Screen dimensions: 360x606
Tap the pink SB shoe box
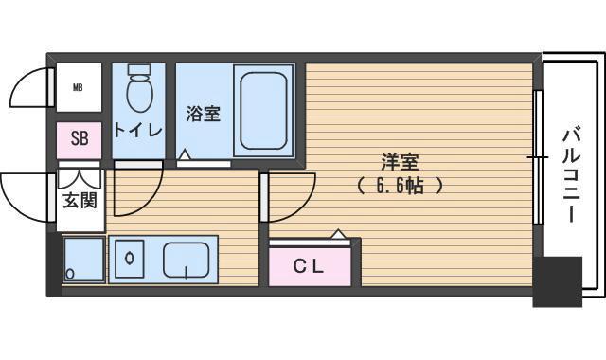tap(80, 139)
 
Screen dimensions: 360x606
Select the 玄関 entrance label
tap(80, 201)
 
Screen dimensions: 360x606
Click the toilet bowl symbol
tap(139, 89)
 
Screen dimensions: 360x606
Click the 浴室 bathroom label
tap(203, 114)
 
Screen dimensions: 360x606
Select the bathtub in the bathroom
tap(264, 111)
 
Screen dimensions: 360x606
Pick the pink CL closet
tap(310, 266)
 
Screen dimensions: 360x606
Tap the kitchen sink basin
tap(190, 259)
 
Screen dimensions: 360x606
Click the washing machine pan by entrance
tap(83, 259)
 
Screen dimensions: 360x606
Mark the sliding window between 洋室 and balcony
tap(538, 157)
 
